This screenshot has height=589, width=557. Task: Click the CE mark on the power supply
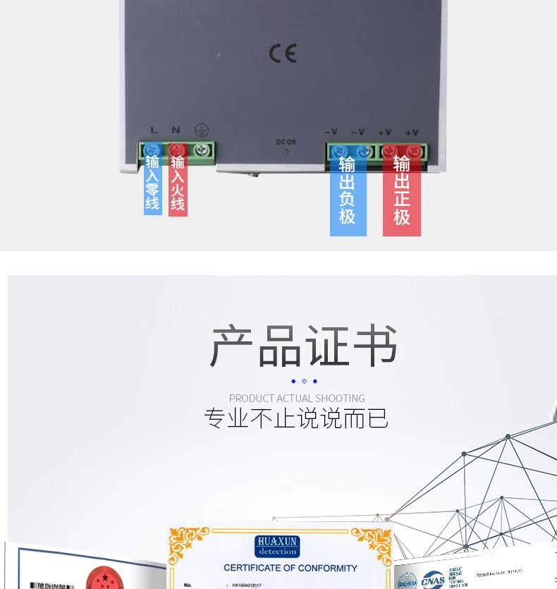283,54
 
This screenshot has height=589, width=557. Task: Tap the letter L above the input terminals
154,130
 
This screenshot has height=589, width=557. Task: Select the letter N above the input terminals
176,130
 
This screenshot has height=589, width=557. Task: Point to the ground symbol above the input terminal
201,129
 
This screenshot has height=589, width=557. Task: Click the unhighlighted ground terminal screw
203,150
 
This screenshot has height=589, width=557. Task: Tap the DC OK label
286,142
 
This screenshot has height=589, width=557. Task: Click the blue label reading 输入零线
153,183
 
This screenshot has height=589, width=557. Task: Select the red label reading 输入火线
178,183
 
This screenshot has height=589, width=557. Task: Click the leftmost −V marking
331,132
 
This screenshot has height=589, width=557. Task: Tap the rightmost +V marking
412,132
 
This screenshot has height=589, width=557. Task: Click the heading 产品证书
304,346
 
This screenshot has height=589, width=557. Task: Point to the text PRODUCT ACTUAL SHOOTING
297,399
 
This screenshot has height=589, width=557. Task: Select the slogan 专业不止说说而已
296,418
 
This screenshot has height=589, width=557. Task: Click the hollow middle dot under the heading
304,382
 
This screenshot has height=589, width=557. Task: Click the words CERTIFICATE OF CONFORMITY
290,568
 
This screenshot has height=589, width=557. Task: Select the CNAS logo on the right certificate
432,581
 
